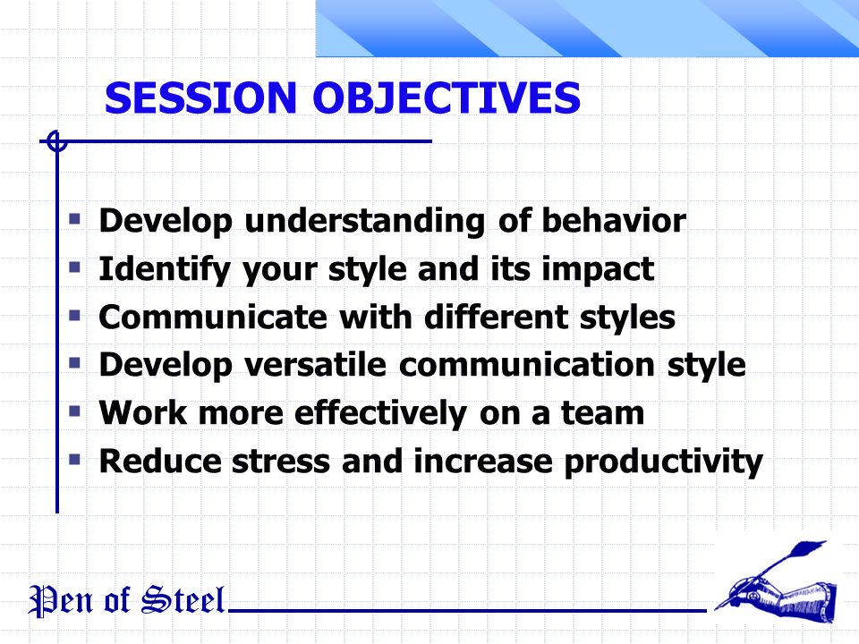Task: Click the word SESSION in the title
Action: click(x=200, y=98)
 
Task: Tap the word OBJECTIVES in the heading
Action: click(x=447, y=98)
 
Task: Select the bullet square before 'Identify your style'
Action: click(x=74, y=267)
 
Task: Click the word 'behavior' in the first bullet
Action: click(x=614, y=220)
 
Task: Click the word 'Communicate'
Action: click(x=213, y=317)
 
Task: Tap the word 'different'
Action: click(x=496, y=317)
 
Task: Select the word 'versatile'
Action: click(x=316, y=365)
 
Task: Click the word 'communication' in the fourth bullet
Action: click(x=526, y=365)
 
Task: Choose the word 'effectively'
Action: click(x=381, y=413)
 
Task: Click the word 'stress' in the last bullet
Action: click(x=281, y=462)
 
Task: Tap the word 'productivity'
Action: click(x=663, y=462)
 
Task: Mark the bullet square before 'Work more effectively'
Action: click(x=74, y=411)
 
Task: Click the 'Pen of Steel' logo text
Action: click(x=126, y=601)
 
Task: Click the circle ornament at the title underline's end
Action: click(x=56, y=141)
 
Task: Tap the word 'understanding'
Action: click(x=365, y=221)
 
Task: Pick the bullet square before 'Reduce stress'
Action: click(x=74, y=459)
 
